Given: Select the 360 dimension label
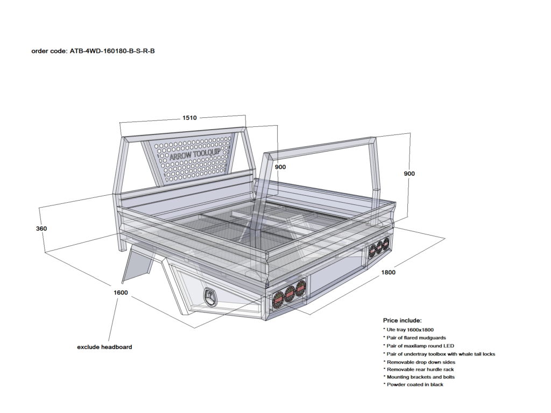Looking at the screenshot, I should coord(41,229).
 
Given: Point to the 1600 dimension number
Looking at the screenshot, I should coord(121,293).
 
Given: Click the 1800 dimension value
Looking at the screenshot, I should coord(388,272).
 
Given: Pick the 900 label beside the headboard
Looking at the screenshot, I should coord(280,167).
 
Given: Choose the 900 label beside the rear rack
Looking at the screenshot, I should coord(409,174).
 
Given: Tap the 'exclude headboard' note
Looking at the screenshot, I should coord(104,347).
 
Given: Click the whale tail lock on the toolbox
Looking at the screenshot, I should coord(209,296).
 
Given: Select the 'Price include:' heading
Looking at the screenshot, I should coord(402,320).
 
